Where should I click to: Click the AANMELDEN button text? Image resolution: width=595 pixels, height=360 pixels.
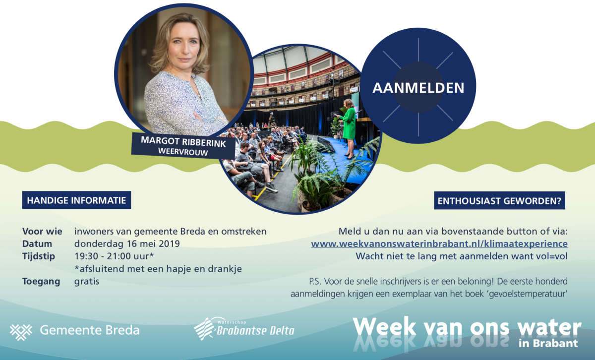pos(418,88)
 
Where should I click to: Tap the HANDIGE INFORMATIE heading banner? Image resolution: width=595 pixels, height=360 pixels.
pos(76,200)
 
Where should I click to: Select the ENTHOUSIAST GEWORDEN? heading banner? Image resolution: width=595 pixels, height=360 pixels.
pos(499,201)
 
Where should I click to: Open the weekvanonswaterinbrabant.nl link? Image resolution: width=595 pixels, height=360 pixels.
pos(439,244)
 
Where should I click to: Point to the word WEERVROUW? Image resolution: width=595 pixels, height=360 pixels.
pos(183,151)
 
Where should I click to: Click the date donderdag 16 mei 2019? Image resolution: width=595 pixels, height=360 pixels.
pos(127,243)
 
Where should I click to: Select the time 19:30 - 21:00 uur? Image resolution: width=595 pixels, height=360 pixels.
pos(114,256)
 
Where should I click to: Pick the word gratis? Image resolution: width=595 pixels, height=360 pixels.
pos(87,281)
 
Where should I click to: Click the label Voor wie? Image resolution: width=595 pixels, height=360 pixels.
pos(42,232)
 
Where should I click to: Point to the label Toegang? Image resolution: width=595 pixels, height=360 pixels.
pos(41,281)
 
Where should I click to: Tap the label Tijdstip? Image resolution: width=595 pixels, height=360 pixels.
pos(39,256)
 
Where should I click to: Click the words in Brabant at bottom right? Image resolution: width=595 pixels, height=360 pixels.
pos(548,343)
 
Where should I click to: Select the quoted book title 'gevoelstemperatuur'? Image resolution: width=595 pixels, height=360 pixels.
pos(528,294)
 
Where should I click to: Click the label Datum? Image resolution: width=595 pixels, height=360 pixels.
pos(37,243)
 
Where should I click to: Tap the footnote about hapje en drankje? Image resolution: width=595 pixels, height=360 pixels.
pos(158,269)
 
